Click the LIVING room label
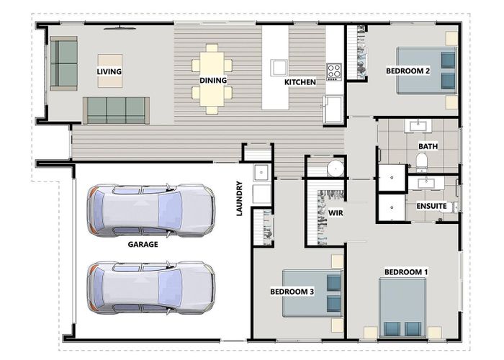point(109,71)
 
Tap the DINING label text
point(213,81)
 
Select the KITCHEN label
point(300,82)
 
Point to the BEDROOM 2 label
point(408,71)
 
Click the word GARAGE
point(143,244)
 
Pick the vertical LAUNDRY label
point(240,198)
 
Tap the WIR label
point(336,213)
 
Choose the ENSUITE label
point(432,206)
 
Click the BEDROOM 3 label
point(292,292)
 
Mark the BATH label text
point(428,146)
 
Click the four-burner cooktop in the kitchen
point(334,72)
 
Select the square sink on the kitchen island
point(279,68)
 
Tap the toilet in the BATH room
point(421,162)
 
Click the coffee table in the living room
point(110,71)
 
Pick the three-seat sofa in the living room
point(116,110)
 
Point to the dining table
point(212,79)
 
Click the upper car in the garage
point(151,210)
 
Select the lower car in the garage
point(151,287)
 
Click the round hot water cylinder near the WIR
point(336,168)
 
